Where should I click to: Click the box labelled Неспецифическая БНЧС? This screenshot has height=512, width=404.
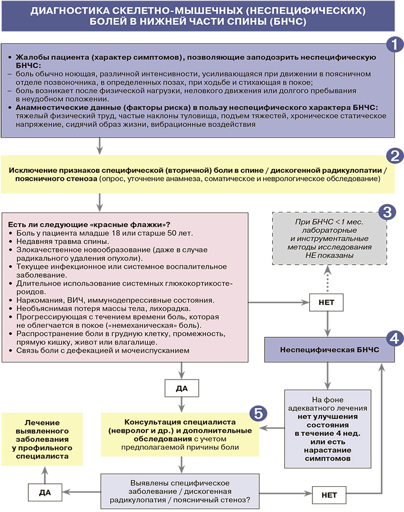pyautogui.click(x=325, y=350)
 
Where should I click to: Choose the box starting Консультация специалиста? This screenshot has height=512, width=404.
pyautogui.click(x=180, y=434)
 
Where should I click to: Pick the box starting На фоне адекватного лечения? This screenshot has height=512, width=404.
pyautogui.click(x=325, y=428)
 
